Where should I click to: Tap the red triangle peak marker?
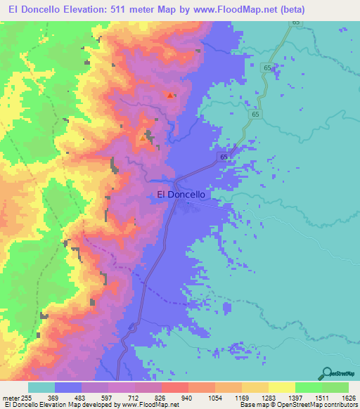169,95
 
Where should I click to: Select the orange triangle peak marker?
143,138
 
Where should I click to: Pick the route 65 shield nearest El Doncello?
223,157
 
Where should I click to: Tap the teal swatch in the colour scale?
41,388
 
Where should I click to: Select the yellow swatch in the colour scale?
282,388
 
